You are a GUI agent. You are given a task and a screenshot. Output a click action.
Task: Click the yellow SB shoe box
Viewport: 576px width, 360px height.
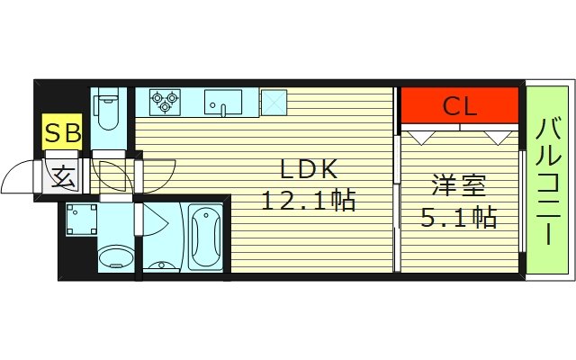point(63,134)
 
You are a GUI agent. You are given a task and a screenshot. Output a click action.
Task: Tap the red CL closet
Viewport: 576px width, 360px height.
point(460,106)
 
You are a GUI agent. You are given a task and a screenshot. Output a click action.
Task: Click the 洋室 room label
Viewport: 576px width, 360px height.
point(458,187)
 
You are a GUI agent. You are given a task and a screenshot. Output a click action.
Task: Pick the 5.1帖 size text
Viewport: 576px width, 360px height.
point(459,217)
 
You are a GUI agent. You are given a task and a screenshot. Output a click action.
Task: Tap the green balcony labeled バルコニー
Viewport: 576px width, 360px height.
point(548,180)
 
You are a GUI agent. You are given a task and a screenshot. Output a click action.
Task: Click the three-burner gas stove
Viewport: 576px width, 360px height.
point(163,101)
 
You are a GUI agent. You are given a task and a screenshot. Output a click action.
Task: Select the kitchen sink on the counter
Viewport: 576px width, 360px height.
point(223,101)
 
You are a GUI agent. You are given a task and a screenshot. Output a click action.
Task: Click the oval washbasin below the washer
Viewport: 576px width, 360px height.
point(113,257)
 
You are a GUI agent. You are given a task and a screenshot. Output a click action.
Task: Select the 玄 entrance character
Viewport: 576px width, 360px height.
point(63,175)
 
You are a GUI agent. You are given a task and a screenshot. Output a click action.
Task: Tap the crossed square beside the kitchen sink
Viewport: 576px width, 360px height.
point(274,101)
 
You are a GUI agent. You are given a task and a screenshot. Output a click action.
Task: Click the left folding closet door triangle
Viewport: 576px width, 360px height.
point(418,137)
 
